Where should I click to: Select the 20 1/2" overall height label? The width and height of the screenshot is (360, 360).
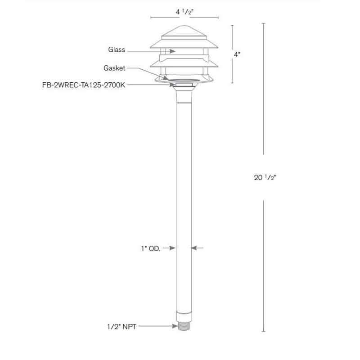click(x=265, y=177)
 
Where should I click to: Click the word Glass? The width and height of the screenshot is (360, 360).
click(x=117, y=50)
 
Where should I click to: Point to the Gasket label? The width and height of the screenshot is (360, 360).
click(x=114, y=68)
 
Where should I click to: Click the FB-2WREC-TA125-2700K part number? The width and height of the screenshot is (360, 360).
click(x=83, y=84)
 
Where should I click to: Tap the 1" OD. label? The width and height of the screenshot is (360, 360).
click(x=151, y=247)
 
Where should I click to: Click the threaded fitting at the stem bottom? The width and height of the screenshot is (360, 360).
click(x=183, y=325)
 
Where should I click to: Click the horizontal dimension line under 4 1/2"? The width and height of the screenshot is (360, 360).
click(x=184, y=18)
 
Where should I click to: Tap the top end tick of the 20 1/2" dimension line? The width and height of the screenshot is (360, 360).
click(x=263, y=23)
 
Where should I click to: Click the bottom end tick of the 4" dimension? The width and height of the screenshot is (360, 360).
click(x=232, y=83)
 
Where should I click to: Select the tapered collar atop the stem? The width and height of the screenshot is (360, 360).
click(x=184, y=95)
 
